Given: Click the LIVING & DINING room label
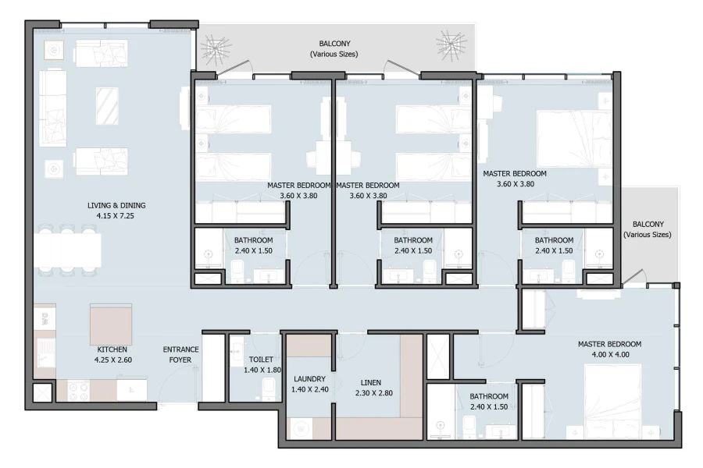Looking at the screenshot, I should click(116, 206).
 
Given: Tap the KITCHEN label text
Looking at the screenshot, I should click(112, 350).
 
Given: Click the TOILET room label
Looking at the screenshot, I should click(260, 360).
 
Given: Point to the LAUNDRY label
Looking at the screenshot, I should click(309, 378).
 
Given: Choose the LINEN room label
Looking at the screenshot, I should click(371, 382).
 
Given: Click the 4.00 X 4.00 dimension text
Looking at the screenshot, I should click(609, 354).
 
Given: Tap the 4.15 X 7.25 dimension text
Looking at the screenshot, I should click(116, 216).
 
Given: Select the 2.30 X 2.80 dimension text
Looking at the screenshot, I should click(371, 392).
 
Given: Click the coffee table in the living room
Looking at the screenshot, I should click(107, 105).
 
